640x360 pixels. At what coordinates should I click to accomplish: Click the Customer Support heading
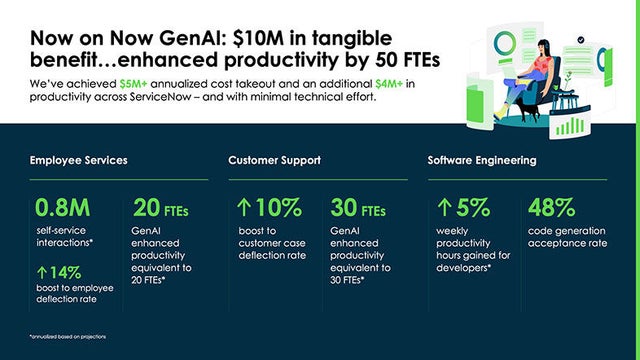(274, 160)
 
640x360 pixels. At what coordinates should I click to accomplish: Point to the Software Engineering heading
(482, 160)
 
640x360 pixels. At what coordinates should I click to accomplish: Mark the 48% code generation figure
(551, 208)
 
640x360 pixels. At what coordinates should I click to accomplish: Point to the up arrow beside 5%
(445, 208)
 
